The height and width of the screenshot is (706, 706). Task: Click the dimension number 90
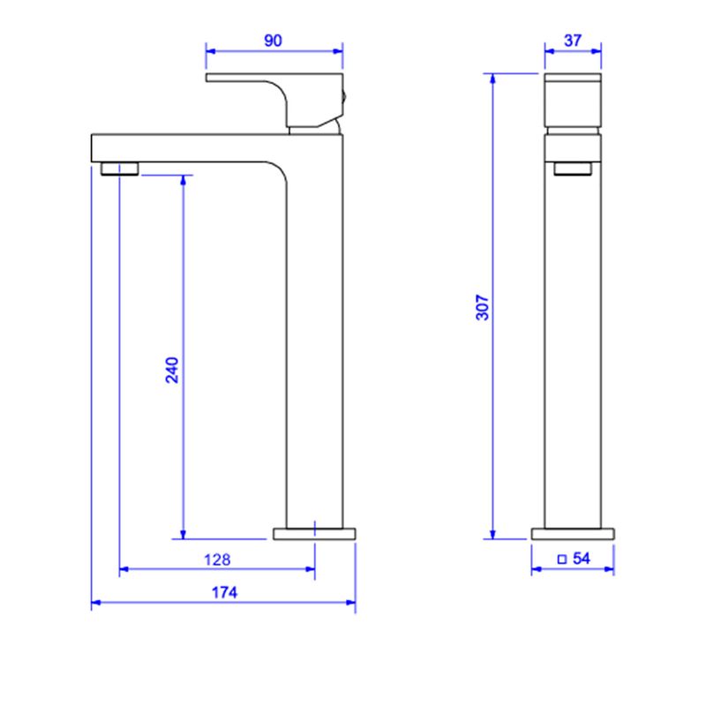(273, 41)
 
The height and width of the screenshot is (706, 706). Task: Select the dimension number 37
(573, 41)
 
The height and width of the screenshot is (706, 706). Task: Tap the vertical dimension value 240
(172, 370)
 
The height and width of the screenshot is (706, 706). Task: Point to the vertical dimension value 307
(482, 307)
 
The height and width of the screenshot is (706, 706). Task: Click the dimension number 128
(217, 560)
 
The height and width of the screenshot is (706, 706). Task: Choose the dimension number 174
(224, 592)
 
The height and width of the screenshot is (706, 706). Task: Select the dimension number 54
(581, 559)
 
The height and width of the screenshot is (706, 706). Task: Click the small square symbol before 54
(562, 560)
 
